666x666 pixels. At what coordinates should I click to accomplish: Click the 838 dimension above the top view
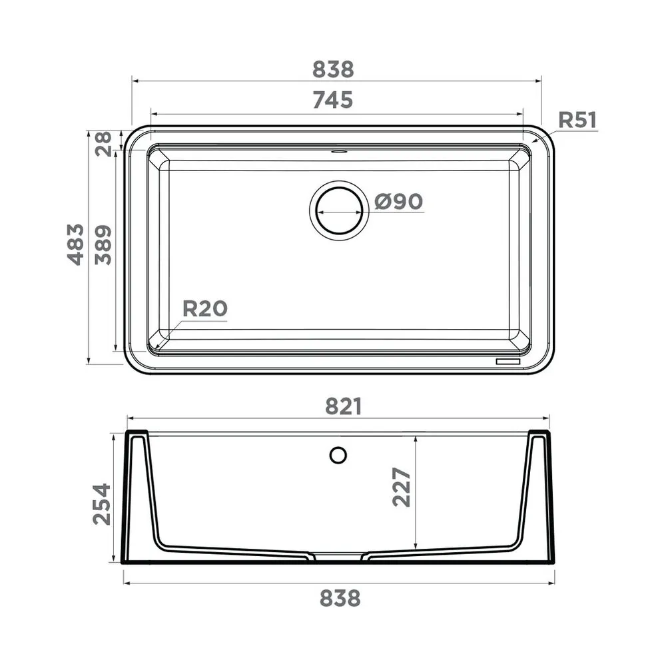coord(333,69)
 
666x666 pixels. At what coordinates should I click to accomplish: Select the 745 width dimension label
coord(333,100)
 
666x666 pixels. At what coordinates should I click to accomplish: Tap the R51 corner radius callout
coord(577,120)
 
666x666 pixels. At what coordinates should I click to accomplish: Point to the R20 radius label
coord(204,309)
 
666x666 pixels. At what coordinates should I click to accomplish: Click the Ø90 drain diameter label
coord(398,201)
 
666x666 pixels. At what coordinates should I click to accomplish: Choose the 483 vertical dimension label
coord(76,244)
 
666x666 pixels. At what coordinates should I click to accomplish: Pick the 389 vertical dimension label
coord(103,245)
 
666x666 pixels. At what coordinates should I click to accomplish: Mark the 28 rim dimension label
coord(103,144)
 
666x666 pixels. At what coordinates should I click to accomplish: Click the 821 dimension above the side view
coord(344,406)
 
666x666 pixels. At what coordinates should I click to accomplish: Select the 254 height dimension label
coord(102,503)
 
